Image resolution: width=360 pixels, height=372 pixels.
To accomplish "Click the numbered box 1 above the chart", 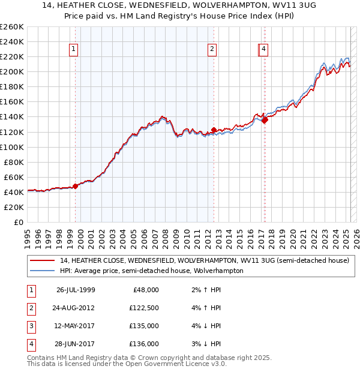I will (73, 50).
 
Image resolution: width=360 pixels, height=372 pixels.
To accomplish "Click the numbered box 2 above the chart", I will (212, 50).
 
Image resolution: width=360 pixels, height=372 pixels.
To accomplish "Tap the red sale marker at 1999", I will (76, 186).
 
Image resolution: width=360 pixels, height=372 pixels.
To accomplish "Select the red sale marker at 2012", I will (214, 130).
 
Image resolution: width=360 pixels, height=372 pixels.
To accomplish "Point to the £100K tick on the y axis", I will (12, 147).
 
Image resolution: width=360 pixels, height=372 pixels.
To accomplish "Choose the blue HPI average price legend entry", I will (151, 271).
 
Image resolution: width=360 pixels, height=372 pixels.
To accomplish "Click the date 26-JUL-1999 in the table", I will (76, 290).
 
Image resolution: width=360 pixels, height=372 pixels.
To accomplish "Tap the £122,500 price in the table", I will (145, 308).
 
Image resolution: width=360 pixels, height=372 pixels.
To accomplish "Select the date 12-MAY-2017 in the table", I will (76, 326).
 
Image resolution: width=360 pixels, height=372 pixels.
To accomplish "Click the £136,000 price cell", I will (145, 344).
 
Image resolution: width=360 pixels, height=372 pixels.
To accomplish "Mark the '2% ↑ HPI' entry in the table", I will (206, 290).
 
